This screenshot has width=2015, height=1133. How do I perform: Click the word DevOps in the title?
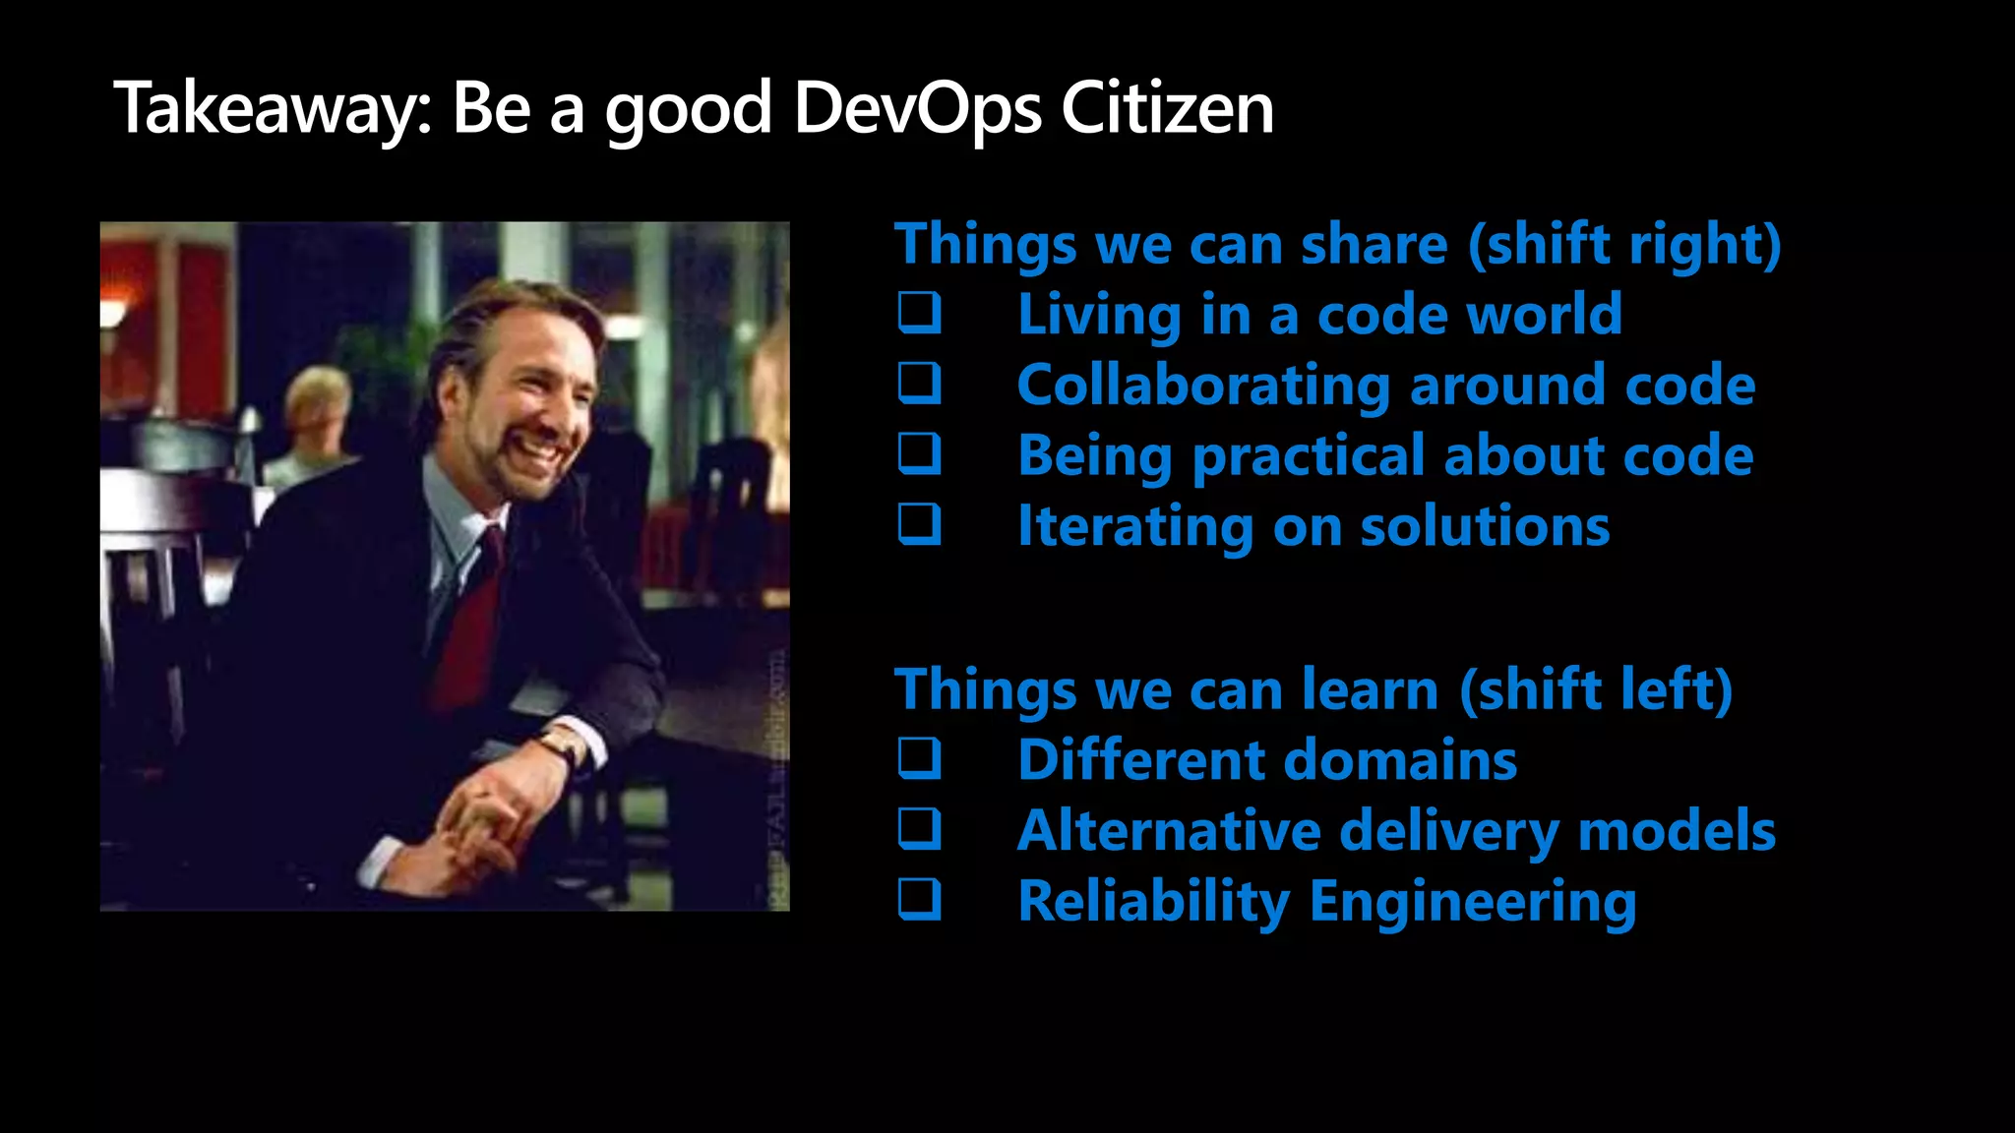[x=917, y=108]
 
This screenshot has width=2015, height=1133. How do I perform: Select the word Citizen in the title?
[x=1167, y=108]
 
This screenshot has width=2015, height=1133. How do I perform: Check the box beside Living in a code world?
[x=920, y=313]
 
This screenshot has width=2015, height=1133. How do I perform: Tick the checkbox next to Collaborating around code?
[x=920, y=384]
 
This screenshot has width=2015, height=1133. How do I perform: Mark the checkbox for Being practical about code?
[x=920, y=454]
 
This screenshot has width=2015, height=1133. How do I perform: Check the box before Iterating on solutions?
[x=920, y=525]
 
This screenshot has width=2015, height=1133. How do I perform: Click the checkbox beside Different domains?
[x=920, y=759]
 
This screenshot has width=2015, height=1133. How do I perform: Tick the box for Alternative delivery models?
[x=920, y=830]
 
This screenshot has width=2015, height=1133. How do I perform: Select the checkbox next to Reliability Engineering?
[x=920, y=901]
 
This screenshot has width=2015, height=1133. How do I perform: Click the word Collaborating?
[x=1203, y=385]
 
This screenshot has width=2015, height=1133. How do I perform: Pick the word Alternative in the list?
[x=1169, y=831]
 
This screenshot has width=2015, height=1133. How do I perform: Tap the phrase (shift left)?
[x=1595, y=689]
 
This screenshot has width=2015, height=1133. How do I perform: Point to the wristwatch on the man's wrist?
[x=564, y=745]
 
